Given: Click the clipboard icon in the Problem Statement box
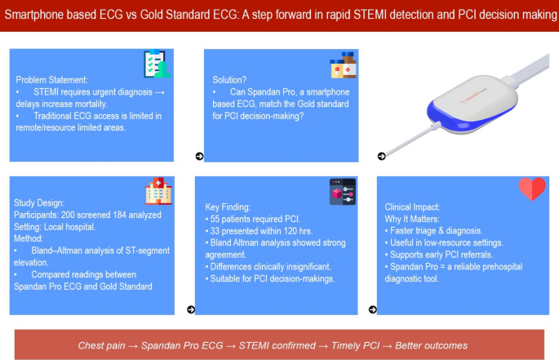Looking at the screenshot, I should click(x=156, y=63).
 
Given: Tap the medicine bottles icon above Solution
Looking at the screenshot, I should click(x=342, y=67).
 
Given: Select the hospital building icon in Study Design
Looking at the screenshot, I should click(x=158, y=192).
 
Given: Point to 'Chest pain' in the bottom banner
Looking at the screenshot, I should click(x=100, y=345).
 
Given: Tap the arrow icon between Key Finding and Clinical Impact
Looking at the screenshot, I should click(x=373, y=309).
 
